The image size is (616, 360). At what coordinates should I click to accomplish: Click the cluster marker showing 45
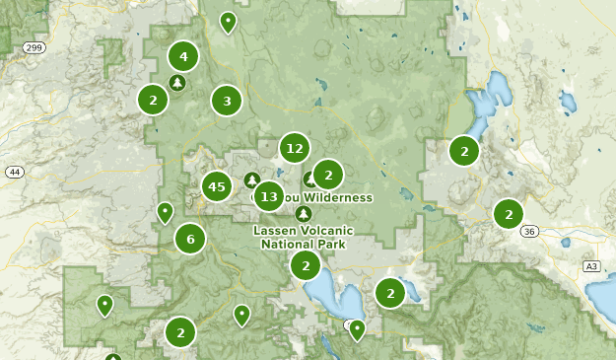(217, 185)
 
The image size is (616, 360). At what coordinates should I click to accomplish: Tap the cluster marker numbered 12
(294, 149)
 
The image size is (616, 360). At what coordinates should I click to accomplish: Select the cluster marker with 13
(268, 196)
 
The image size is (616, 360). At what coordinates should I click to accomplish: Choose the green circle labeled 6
(190, 238)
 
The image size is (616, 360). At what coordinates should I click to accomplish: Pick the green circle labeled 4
(183, 56)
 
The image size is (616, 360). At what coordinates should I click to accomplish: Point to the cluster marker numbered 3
(227, 101)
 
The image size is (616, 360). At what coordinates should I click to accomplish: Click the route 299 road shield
(34, 46)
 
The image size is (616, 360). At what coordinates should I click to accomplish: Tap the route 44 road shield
(14, 172)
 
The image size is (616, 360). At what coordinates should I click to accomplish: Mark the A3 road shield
(591, 266)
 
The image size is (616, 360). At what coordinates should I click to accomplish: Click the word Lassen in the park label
(276, 231)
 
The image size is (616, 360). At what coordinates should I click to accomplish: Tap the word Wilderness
(339, 197)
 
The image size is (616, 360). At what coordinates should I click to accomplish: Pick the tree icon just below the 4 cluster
(176, 83)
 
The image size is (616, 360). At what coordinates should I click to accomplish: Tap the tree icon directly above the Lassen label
(303, 213)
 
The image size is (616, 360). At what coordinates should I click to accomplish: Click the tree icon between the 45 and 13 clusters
(251, 180)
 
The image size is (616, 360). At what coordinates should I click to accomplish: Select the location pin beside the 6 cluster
(166, 212)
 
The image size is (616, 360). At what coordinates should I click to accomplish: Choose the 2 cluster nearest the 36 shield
(509, 213)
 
